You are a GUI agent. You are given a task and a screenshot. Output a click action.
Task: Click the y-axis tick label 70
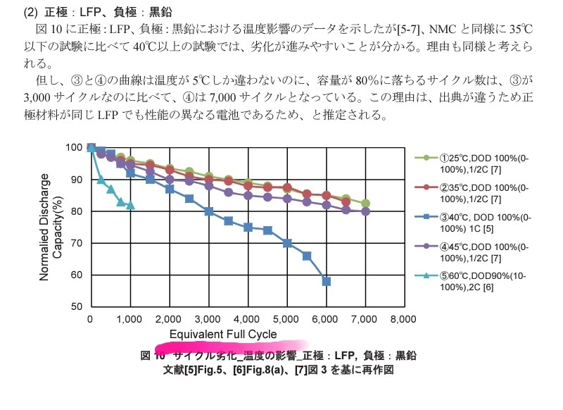pos(76,243)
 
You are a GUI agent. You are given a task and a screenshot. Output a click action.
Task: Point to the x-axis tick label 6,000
pos(326,319)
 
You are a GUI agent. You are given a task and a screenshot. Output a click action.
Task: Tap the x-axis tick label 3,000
pos(208,319)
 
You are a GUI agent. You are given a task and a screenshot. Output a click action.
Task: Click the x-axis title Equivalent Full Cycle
pos(223,334)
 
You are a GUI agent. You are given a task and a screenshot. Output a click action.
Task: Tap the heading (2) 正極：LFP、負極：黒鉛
pos(98,13)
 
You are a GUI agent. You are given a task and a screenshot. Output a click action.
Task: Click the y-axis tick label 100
pos(74,147)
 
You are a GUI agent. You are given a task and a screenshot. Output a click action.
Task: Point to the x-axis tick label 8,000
pos(404,319)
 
